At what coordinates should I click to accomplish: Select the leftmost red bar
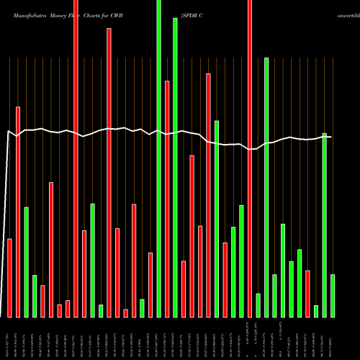[10, 277]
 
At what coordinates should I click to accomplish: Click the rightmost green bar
[333, 295]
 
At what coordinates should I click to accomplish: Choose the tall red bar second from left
[18, 212]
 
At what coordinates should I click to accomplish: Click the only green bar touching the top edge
[159, 158]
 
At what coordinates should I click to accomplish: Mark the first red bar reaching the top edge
[76, 158]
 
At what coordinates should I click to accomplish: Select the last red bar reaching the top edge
[250, 158]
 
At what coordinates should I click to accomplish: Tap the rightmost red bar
[307, 293]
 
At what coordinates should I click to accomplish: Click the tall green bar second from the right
[324, 225]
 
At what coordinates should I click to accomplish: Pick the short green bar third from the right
[316, 311]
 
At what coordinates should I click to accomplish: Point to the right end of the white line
[331, 137]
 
